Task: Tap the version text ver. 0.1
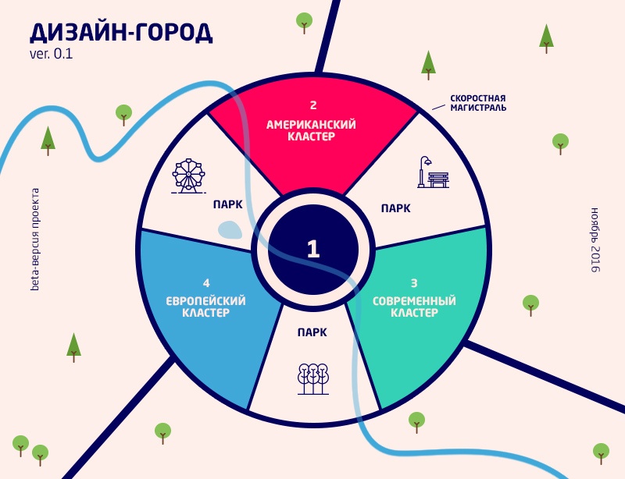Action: (51, 55)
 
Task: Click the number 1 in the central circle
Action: (313, 249)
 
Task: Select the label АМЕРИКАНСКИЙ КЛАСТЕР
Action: (312, 130)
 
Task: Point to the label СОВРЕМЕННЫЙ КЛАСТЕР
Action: (414, 307)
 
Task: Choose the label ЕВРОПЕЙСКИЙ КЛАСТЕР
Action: (206, 307)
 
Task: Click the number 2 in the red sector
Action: (312, 105)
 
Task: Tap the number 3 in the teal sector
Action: (414, 282)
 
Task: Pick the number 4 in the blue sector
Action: (206, 282)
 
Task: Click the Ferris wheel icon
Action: (188, 176)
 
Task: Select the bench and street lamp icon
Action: (432, 172)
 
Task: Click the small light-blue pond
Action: (230, 229)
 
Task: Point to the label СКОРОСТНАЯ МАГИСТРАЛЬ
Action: (477, 103)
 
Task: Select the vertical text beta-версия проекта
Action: (34, 239)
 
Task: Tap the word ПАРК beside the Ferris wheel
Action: (227, 205)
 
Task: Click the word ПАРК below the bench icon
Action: (395, 208)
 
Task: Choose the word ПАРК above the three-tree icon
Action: (312, 332)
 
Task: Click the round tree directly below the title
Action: (123, 115)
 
